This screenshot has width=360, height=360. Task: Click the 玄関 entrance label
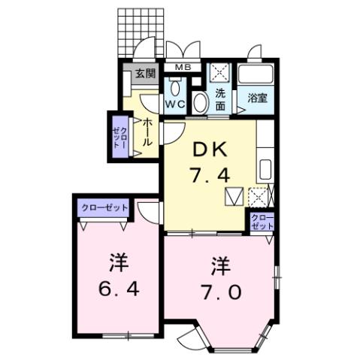(145, 74)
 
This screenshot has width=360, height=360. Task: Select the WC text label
(175, 104)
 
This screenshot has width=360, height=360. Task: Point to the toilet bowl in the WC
(175, 85)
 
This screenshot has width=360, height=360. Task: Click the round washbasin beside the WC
(201, 103)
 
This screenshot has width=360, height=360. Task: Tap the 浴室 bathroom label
(256, 98)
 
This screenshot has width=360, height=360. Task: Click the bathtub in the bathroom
(256, 75)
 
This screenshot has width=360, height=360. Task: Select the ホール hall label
(148, 133)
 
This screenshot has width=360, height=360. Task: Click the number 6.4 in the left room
(117, 289)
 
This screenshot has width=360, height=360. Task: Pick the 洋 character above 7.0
(219, 266)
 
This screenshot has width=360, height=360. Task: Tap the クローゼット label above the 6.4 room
(104, 207)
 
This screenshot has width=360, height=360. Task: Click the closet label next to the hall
(120, 137)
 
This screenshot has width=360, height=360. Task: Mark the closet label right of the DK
(262, 222)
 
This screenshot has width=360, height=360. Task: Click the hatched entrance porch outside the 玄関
(138, 30)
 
